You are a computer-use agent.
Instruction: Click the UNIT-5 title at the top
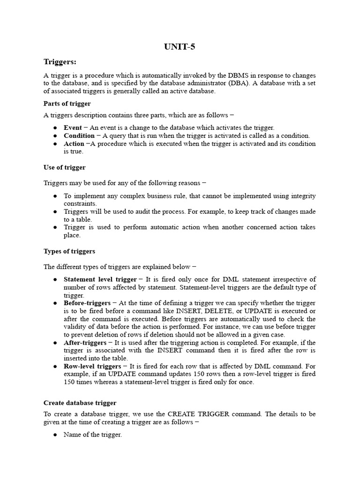180,46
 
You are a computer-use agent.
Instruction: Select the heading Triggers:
60,62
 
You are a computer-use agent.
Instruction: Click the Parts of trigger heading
67,104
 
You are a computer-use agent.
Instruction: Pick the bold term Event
73,127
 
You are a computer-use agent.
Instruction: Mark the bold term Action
74,143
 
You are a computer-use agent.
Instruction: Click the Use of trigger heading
64,167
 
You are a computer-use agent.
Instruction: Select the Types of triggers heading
69,251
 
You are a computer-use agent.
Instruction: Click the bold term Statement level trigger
100,279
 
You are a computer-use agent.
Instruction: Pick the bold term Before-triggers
87,303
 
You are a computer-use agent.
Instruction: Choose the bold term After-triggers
84,343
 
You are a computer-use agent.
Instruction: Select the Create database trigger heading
80,403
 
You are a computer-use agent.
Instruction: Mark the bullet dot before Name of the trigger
55,435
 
